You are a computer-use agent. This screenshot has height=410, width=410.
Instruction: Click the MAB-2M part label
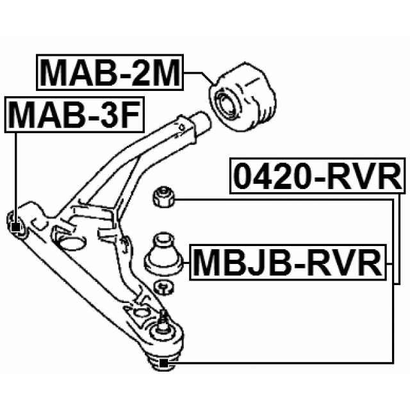point(110,72)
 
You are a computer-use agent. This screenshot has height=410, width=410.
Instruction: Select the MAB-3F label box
point(74,115)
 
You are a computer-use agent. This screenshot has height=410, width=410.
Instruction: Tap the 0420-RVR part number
point(318,176)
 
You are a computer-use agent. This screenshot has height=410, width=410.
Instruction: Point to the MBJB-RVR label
point(288,262)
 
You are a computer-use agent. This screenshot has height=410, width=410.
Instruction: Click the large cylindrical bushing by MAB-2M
point(243,97)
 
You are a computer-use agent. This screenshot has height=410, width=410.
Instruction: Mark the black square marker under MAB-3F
point(15,228)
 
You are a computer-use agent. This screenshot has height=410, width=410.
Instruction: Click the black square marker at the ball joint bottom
point(163,363)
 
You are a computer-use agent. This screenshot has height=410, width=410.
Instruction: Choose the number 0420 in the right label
point(273,176)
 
